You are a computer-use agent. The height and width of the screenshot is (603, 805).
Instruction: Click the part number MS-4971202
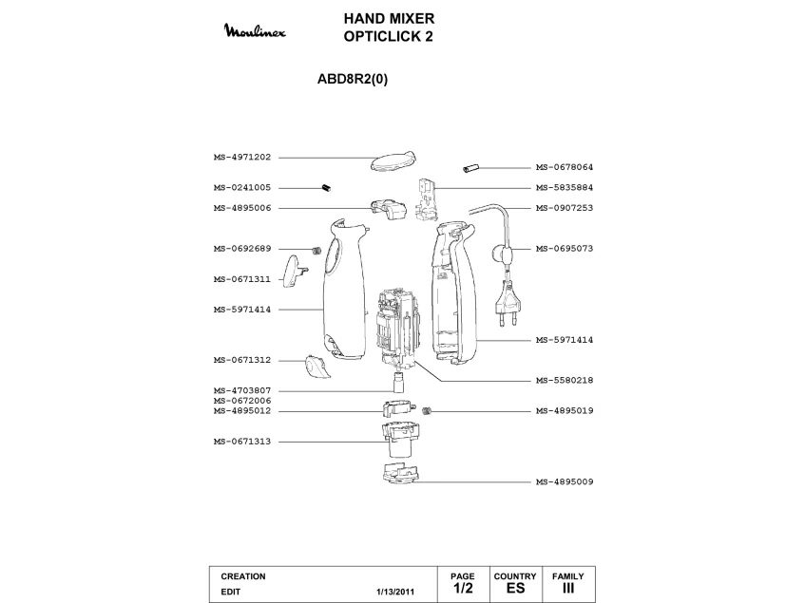click(x=242, y=158)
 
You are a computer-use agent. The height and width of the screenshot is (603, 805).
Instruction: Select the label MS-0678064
click(x=564, y=167)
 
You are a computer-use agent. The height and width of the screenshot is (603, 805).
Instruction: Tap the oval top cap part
click(x=392, y=159)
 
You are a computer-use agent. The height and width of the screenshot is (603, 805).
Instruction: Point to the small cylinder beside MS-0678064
click(x=470, y=168)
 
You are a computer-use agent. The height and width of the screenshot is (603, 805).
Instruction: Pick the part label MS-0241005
click(x=242, y=188)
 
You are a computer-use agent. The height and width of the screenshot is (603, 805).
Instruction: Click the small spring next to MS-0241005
click(x=325, y=188)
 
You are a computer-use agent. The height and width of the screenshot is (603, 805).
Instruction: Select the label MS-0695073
click(x=564, y=249)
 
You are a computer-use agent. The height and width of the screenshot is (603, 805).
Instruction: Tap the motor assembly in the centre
click(x=396, y=328)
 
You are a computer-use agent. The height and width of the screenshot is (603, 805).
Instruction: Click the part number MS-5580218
click(x=564, y=381)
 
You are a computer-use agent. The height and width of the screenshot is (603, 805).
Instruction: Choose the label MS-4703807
click(x=242, y=390)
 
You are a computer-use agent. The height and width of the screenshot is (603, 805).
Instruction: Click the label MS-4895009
click(x=564, y=482)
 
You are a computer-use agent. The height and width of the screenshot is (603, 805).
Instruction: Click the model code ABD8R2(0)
click(x=352, y=80)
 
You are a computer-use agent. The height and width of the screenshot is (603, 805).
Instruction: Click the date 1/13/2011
click(x=395, y=591)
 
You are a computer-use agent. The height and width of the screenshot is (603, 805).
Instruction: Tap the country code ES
click(x=515, y=589)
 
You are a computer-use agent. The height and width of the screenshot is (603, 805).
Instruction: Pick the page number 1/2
click(x=463, y=589)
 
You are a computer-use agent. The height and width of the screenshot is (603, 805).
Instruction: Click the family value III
click(x=568, y=589)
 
